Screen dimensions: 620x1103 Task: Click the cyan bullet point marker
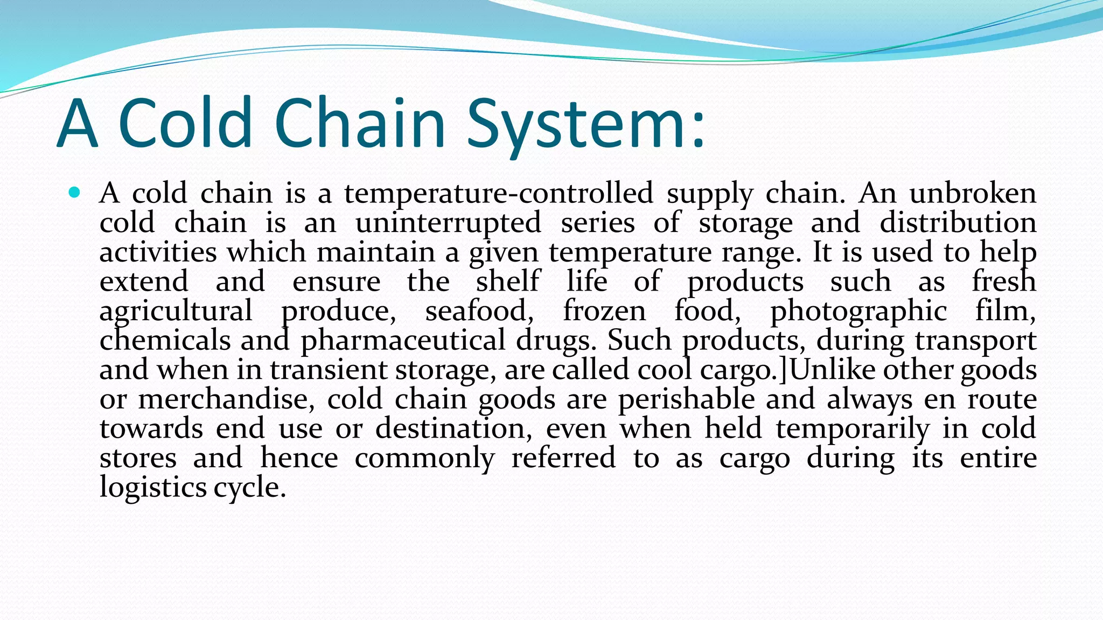coord(75,192)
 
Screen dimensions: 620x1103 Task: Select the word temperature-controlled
coord(499,193)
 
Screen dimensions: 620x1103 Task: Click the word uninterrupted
coord(448,223)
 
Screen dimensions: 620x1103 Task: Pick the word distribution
coord(958,223)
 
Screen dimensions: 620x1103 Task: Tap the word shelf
coord(507,281)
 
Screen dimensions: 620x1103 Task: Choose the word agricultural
coord(176,311)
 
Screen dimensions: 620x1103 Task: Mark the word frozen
coord(604,311)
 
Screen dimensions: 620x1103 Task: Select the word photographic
coord(858,311)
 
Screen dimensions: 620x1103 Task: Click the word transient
coord(329,370)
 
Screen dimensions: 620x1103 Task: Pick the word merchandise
coord(226,399)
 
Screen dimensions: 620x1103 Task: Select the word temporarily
coord(853,429)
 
